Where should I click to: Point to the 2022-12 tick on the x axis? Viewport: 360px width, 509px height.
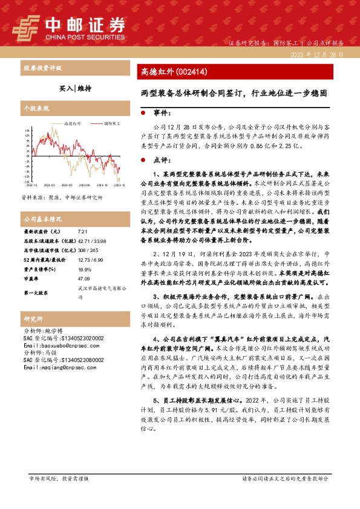coord(31,186)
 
